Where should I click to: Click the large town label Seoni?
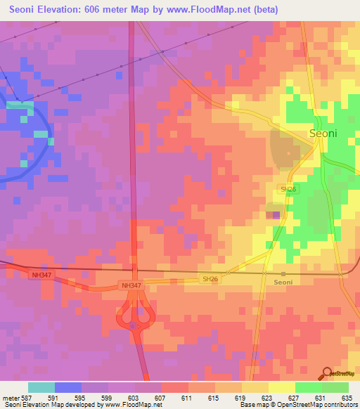[x=323, y=133]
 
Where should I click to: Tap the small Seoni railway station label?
[x=283, y=283]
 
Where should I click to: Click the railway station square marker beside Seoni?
[x=283, y=273]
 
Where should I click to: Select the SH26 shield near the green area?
[x=288, y=189]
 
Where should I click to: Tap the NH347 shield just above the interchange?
[x=131, y=285]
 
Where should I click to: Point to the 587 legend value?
[x=27, y=397]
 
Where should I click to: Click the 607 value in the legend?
[x=161, y=397]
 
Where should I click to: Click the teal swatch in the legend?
[x=41, y=387]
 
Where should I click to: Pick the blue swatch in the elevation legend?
[x=68, y=387]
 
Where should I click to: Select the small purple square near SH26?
[x=276, y=215]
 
